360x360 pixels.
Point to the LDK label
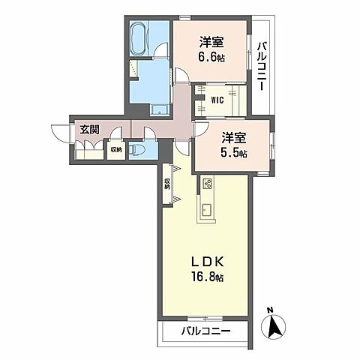207,262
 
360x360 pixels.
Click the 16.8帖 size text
207,277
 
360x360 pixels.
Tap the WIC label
217,100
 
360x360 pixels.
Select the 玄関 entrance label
89,130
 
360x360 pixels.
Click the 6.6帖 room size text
211,58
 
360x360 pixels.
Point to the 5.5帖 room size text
234,153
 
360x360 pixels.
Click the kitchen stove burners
208,184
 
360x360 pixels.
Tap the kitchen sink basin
206,209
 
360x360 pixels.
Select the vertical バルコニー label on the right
262,67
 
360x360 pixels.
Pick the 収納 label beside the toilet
116,150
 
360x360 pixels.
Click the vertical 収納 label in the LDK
167,184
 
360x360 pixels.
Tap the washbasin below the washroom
159,109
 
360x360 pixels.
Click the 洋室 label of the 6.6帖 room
211,42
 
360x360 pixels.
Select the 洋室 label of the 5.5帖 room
234,137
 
